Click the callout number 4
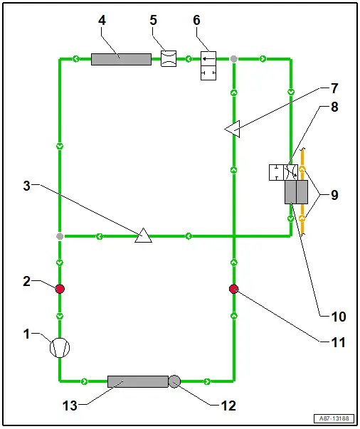102,20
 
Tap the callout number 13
70,406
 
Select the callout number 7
334,88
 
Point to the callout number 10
339,317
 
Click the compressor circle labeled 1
60,348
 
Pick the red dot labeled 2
60,289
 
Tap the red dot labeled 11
233,289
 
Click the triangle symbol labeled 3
143,235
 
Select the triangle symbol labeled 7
233,129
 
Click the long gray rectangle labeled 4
121,59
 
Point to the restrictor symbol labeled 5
169,58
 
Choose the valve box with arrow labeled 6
208,65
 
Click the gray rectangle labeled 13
138,381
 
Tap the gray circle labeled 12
174,381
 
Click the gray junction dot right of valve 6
233,59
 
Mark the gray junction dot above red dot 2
60,236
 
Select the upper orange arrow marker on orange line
302,169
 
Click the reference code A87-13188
334,418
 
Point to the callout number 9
334,195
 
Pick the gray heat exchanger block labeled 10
296,192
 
